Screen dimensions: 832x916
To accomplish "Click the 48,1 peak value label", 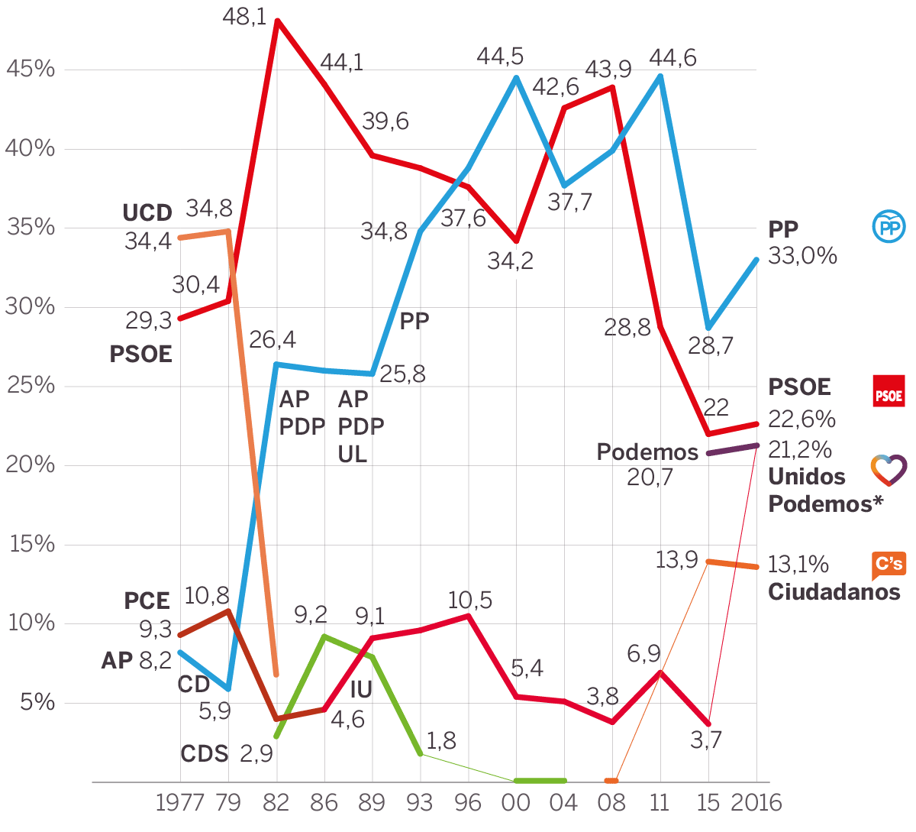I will coord(244,17).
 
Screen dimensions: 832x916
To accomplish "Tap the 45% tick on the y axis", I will coord(31,70).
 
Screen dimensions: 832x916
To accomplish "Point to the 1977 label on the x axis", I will coord(179,803).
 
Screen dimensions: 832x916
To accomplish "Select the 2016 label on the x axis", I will coord(756,803).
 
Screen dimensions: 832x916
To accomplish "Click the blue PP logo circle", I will coord(889,227).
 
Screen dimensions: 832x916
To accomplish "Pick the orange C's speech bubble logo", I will coord(889,565).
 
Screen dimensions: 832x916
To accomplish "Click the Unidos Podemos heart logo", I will coord(889,470).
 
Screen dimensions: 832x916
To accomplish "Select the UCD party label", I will coord(147,213).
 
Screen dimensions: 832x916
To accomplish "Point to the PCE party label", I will coord(147,601).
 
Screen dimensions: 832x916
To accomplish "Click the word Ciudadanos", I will coord(834,592).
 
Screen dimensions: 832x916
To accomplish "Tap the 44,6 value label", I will coord(672,58).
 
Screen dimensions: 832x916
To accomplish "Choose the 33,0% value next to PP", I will coord(802,256).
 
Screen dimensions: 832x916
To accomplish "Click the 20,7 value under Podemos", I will coord(650,478).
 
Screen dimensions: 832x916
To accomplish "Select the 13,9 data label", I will coord(676,560).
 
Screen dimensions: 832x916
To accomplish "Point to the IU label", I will coord(361,690).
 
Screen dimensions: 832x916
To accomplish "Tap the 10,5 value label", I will coord(469,601).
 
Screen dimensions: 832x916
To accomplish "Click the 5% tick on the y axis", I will coord(37,702).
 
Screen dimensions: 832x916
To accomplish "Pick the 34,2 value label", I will coord(510,261).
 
